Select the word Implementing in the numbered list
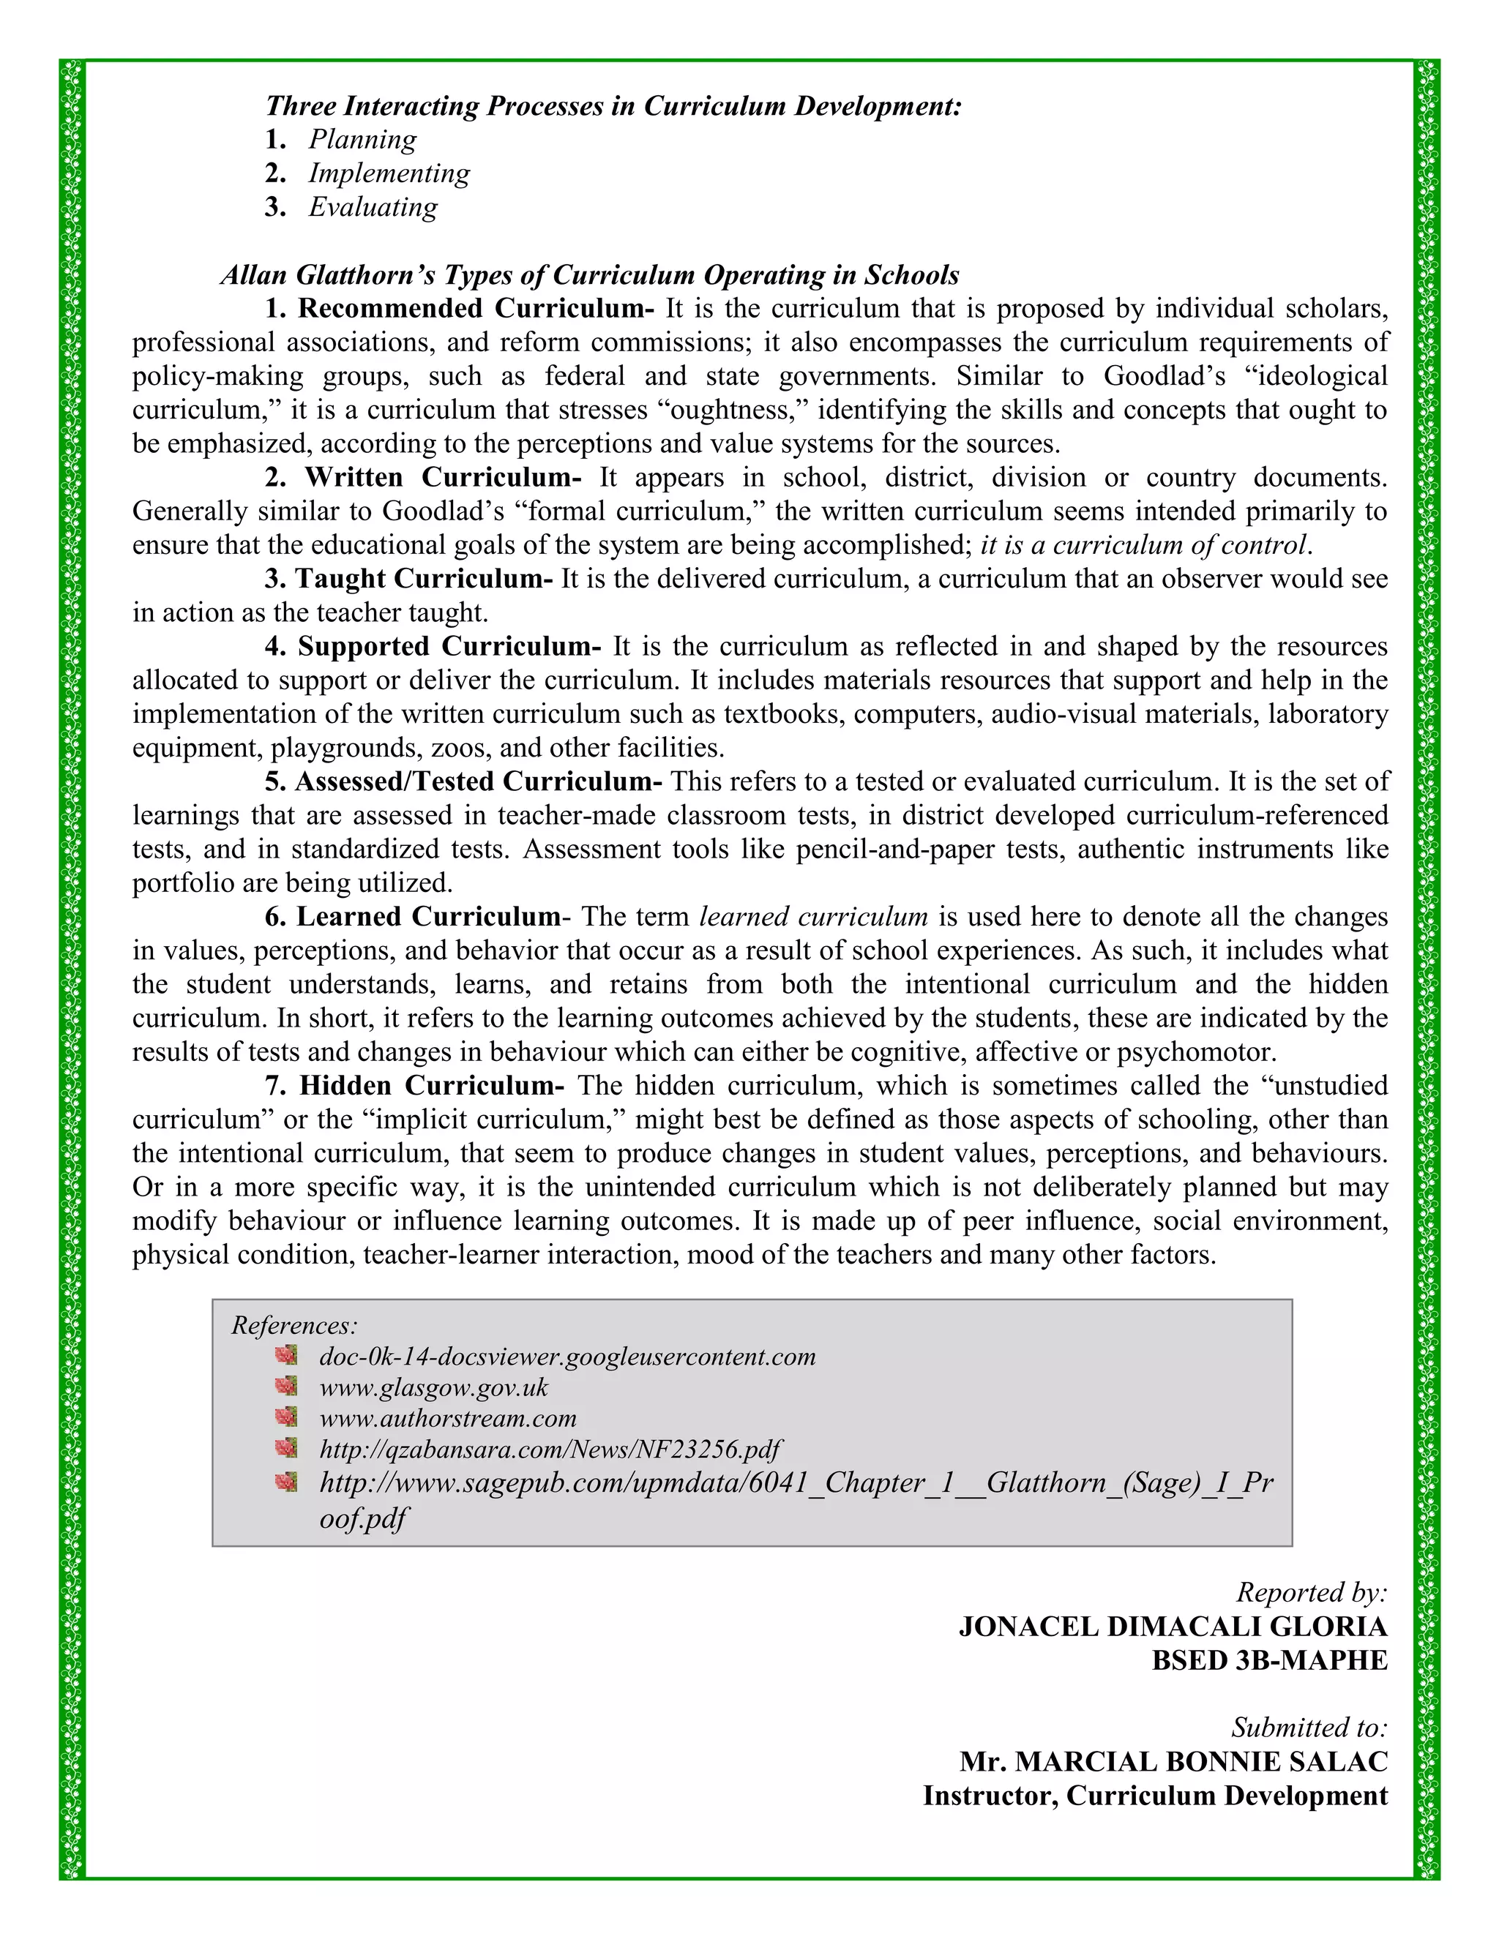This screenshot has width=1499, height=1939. click(389, 173)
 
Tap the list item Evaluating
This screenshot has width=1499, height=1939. click(373, 207)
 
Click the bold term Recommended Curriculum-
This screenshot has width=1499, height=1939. click(475, 308)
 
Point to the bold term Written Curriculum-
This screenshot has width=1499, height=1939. click(441, 478)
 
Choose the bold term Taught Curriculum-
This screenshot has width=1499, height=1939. click(424, 579)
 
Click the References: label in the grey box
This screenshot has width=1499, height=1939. click(294, 1326)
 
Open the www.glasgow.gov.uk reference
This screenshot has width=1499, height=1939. click(433, 1387)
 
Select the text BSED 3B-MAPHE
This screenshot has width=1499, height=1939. click(1269, 1660)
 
